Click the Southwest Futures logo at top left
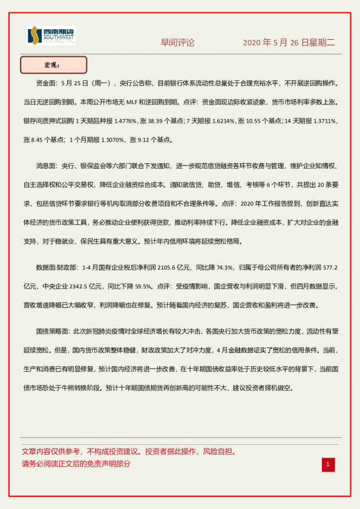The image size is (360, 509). click(51, 36)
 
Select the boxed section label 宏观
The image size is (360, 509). click(53, 65)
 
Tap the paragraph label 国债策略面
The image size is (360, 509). click(52, 331)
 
